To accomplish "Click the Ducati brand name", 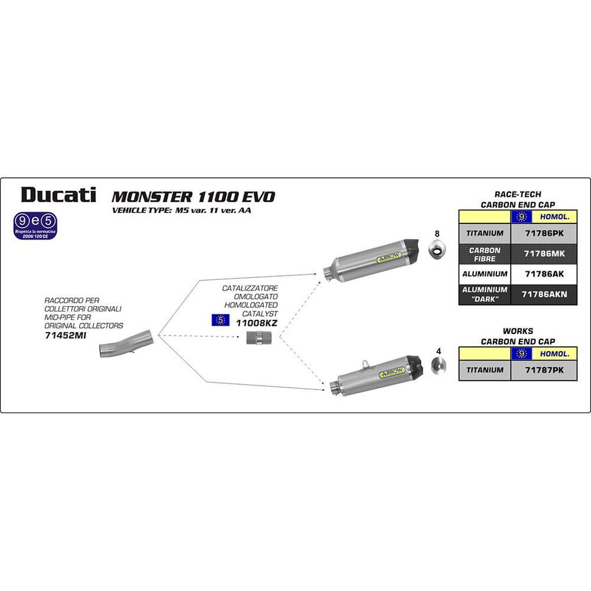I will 58,195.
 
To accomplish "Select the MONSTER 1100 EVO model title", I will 193,197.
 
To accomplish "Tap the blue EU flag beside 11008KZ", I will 219,320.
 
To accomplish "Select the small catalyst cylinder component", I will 254,340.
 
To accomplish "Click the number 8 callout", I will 437,234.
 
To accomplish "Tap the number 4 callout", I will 439,351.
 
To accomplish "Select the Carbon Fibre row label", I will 485,254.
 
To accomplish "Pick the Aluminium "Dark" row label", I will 485,294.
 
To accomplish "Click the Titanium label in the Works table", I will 485,370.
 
